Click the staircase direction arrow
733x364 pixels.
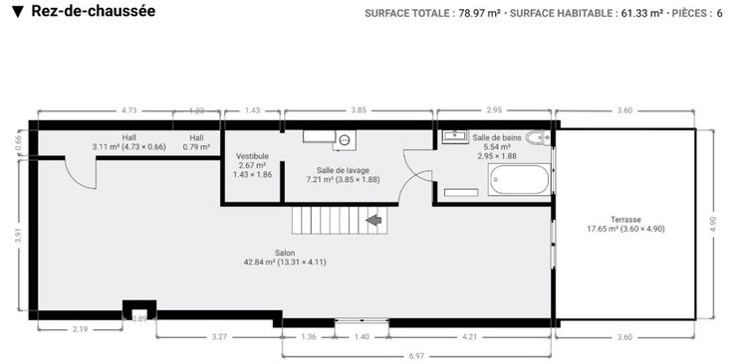tap(374, 220)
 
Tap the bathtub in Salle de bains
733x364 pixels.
tap(519, 180)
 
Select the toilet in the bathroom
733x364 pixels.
tap(538, 138)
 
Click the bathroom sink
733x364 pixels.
tap(454, 136)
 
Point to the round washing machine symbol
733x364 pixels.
tap(345, 140)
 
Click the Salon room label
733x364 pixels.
tap(285, 258)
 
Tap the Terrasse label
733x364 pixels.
tap(625, 224)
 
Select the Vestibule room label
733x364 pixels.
tap(252, 165)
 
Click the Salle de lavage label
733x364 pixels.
tap(343, 174)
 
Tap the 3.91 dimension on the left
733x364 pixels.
tap(18, 236)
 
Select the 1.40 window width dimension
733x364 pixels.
tap(362, 337)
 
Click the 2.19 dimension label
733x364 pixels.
tap(81, 329)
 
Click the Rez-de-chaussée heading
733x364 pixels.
tap(93, 11)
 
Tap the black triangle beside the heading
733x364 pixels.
tap(18, 12)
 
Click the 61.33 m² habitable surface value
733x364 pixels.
tap(641, 14)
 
